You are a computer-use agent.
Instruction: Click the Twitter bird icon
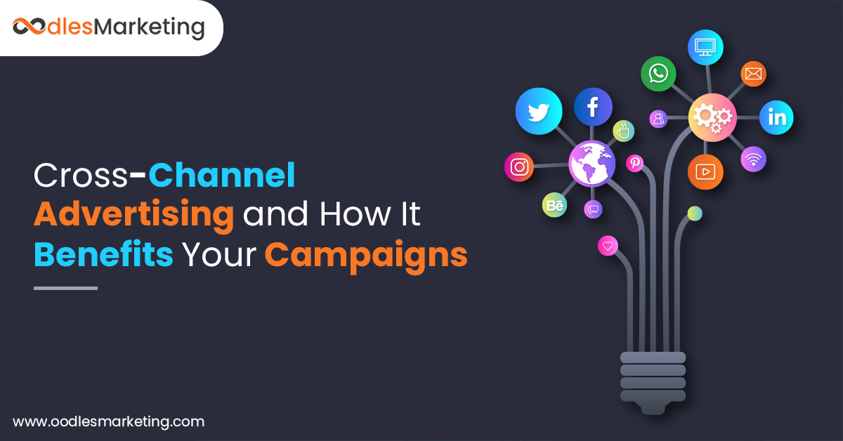tap(539, 111)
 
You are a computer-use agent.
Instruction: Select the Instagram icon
tap(519, 167)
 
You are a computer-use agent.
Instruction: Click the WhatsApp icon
tap(658, 74)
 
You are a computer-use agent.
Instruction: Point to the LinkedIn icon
tap(776, 117)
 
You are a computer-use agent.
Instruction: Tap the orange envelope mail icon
tap(753, 74)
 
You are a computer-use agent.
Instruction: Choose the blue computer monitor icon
tap(705, 47)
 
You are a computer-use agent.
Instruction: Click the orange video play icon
tap(705, 171)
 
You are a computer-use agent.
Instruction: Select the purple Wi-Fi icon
tap(753, 159)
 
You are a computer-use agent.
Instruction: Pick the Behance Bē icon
tap(554, 205)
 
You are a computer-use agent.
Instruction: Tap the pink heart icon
tap(608, 246)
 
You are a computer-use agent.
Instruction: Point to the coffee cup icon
tap(623, 131)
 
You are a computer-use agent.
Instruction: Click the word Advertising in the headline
tap(133, 215)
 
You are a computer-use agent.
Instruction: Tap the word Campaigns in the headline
tap(366, 255)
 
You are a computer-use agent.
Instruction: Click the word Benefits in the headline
tap(103, 255)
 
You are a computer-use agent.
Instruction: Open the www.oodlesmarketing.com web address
tap(109, 422)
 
